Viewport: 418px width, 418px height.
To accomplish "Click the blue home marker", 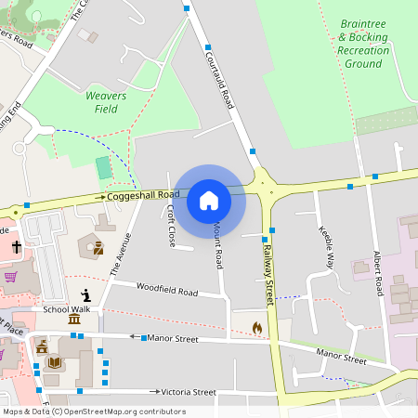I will click(209, 201).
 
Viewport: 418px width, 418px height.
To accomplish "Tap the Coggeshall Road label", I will click(142, 195).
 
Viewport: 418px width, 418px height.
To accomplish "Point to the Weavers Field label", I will click(106, 102).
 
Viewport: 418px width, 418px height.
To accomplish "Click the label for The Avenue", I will click(121, 254).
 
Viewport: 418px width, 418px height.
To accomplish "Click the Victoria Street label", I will click(189, 393).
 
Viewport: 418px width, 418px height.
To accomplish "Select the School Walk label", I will click(66, 309).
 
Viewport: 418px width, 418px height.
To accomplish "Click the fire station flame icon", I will click(257, 328).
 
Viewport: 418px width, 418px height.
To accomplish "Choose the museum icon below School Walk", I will click(73, 320).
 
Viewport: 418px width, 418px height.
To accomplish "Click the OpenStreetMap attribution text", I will click(94, 411).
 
